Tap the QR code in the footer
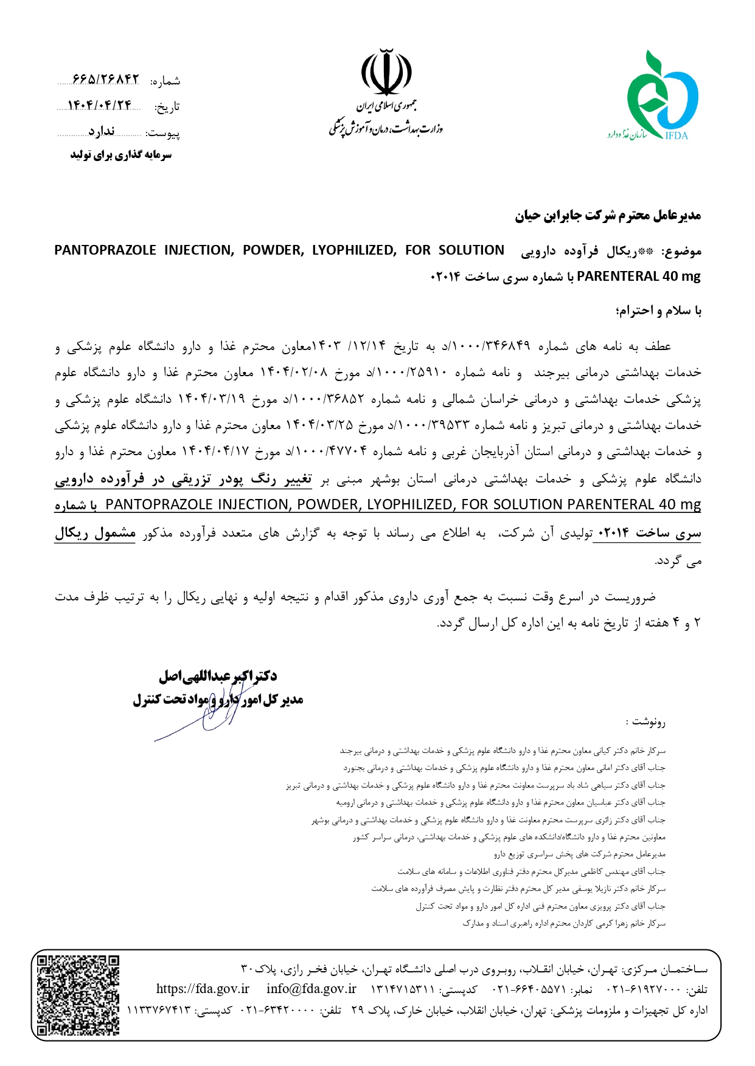(x=78, y=994)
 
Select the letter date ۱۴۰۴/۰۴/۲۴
(x=100, y=106)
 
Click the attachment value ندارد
(x=101, y=132)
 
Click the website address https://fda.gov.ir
(x=203, y=989)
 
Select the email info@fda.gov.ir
(x=311, y=989)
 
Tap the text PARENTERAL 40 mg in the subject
(x=638, y=277)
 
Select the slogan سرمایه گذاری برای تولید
(x=121, y=155)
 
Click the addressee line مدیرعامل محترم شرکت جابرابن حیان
(x=608, y=216)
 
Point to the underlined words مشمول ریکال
(x=95, y=534)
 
